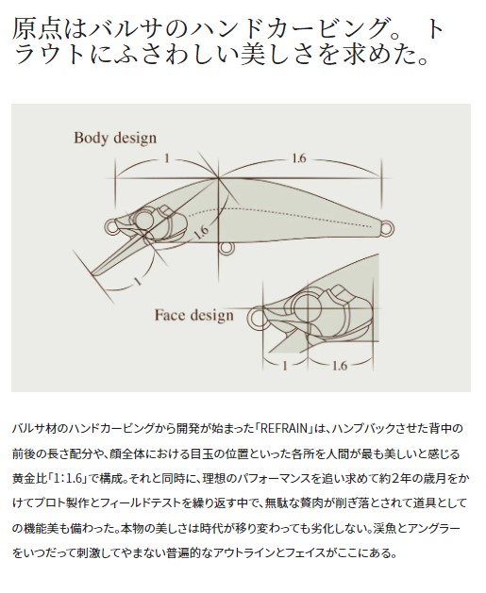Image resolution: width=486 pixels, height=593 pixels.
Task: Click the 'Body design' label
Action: click(115, 139)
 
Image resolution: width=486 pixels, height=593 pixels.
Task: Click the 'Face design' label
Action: click(193, 316)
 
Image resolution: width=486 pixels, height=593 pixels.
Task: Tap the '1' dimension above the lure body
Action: click(166, 158)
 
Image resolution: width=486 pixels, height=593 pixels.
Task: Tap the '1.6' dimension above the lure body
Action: click(298, 158)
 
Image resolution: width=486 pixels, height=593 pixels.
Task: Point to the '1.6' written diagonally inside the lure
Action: click(201, 233)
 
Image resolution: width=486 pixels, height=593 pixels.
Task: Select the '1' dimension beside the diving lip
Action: click(138, 281)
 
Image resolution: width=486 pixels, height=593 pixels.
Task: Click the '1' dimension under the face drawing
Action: click(285, 366)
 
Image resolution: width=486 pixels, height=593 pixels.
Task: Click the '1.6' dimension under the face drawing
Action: click(339, 366)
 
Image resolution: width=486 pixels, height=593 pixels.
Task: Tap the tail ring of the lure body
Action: click(387, 228)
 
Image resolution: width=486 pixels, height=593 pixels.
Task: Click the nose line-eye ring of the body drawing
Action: click(111, 226)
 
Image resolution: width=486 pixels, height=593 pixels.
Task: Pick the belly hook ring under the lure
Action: click(226, 248)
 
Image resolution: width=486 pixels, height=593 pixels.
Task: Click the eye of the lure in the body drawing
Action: click(143, 220)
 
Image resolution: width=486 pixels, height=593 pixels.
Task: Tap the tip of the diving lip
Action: click(93, 273)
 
